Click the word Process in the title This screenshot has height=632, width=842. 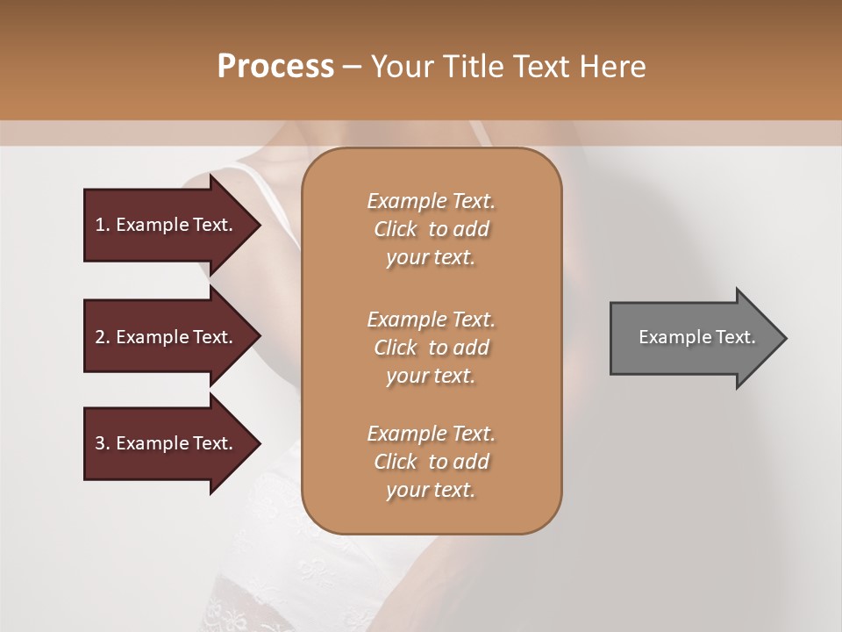pyautogui.click(x=275, y=67)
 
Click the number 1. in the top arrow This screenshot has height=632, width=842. pyautogui.click(x=103, y=225)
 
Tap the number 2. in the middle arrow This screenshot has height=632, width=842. pyautogui.click(x=103, y=337)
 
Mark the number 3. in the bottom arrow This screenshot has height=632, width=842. pyautogui.click(x=103, y=443)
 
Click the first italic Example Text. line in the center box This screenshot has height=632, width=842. pyautogui.click(x=431, y=201)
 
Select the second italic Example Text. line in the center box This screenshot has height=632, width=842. pyautogui.click(x=431, y=319)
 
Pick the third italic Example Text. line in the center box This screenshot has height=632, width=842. pyautogui.click(x=431, y=434)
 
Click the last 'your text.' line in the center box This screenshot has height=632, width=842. pyautogui.click(x=431, y=491)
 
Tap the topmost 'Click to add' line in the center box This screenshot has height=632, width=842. pyautogui.click(x=431, y=229)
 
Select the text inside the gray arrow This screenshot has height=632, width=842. pyautogui.click(x=696, y=337)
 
